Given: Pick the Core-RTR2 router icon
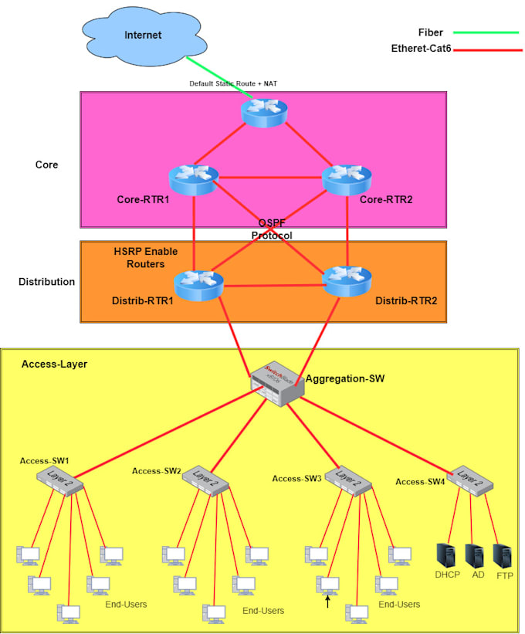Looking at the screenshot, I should pyautogui.click(x=347, y=179).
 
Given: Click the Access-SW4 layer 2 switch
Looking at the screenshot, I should pyautogui.click(x=471, y=480).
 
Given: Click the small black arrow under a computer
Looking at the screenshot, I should pyautogui.click(x=327, y=600).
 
